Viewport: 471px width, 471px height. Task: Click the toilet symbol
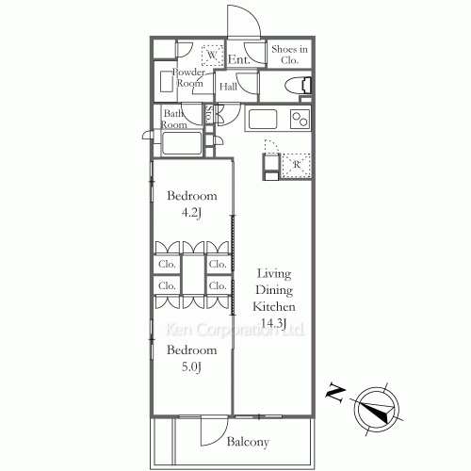298,85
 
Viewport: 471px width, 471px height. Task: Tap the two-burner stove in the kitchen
300,119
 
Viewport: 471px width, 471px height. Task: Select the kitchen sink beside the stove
263,119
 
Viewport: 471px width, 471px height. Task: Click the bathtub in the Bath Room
182,143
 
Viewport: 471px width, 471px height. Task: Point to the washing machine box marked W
212,56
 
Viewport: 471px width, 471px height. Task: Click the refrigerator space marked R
296,164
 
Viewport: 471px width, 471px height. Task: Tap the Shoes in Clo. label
289,55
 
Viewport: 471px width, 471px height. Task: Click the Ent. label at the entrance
239,59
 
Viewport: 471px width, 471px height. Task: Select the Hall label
228,87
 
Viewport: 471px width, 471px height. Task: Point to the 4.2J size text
191,213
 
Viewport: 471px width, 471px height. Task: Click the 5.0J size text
191,366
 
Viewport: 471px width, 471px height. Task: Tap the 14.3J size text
274,323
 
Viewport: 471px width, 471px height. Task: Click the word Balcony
248,442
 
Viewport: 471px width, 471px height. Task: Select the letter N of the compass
335,392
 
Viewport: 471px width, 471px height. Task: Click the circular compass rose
377,409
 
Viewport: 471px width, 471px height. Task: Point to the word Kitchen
274,306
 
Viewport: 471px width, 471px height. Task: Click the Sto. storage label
209,114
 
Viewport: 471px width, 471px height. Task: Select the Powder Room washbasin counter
166,81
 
